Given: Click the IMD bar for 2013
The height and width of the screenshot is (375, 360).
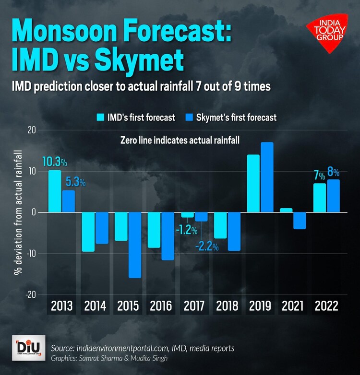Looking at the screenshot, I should coord(55,191).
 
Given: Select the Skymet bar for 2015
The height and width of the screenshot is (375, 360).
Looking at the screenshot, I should coord(135,245).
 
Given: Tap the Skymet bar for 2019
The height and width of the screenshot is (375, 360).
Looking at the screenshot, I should coord(267,177).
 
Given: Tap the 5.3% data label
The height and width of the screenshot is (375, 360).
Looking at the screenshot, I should coord(76,182).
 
